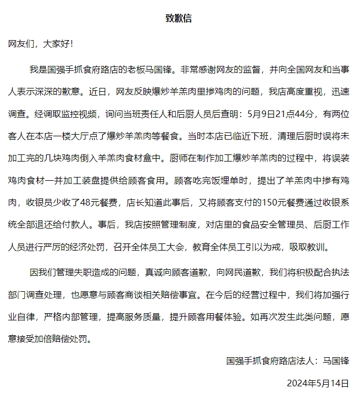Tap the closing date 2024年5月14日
point(318,382)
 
